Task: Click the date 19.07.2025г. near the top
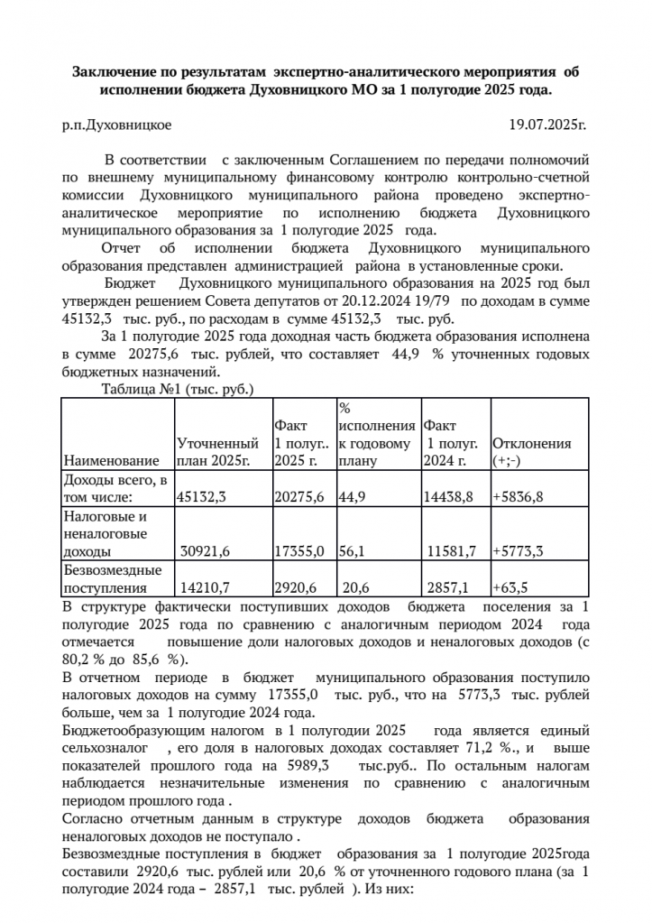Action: [x=547, y=128]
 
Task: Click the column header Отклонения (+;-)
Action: [x=532, y=452]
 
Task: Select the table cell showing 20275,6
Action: [x=298, y=496]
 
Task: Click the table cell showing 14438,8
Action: [x=448, y=496]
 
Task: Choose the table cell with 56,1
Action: [x=354, y=549]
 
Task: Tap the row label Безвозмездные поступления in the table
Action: [x=110, y=578]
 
